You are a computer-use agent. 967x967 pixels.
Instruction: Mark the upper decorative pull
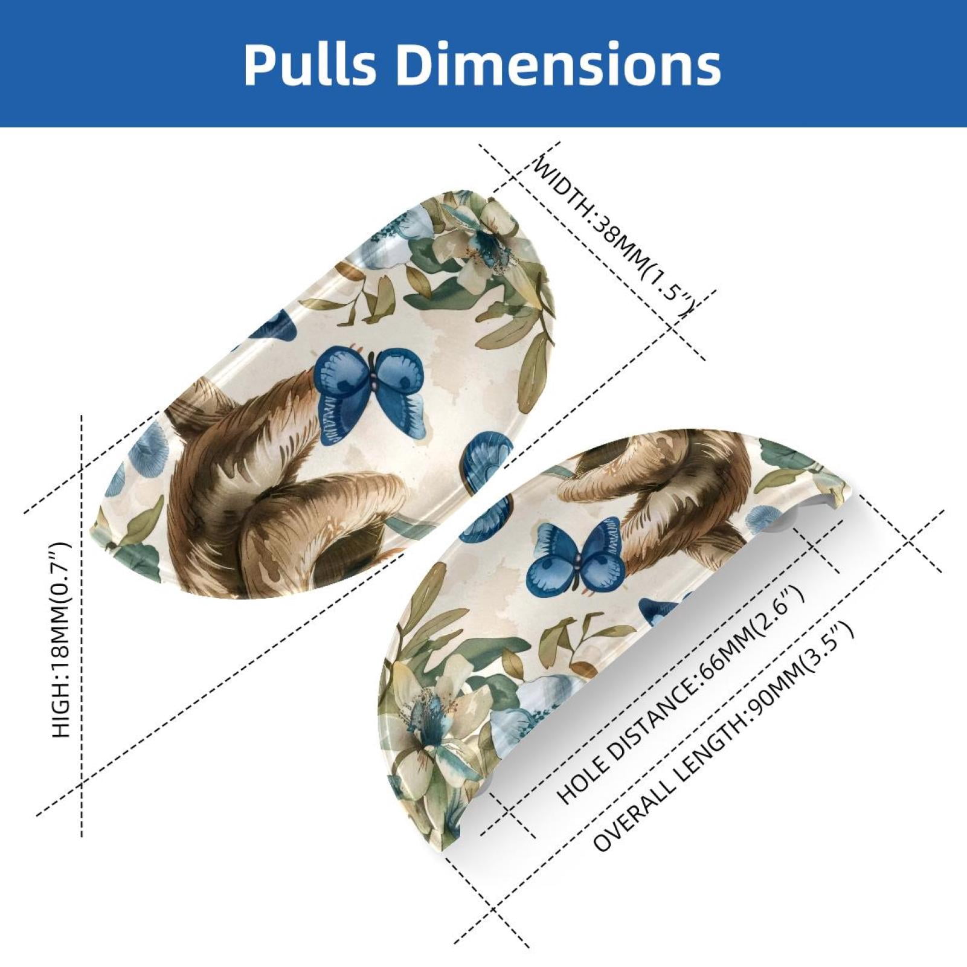pos(323,396)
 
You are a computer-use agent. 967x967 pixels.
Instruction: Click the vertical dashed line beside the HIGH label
pos(82,625)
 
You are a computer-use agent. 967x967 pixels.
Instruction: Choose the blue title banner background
pos(483,63)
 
